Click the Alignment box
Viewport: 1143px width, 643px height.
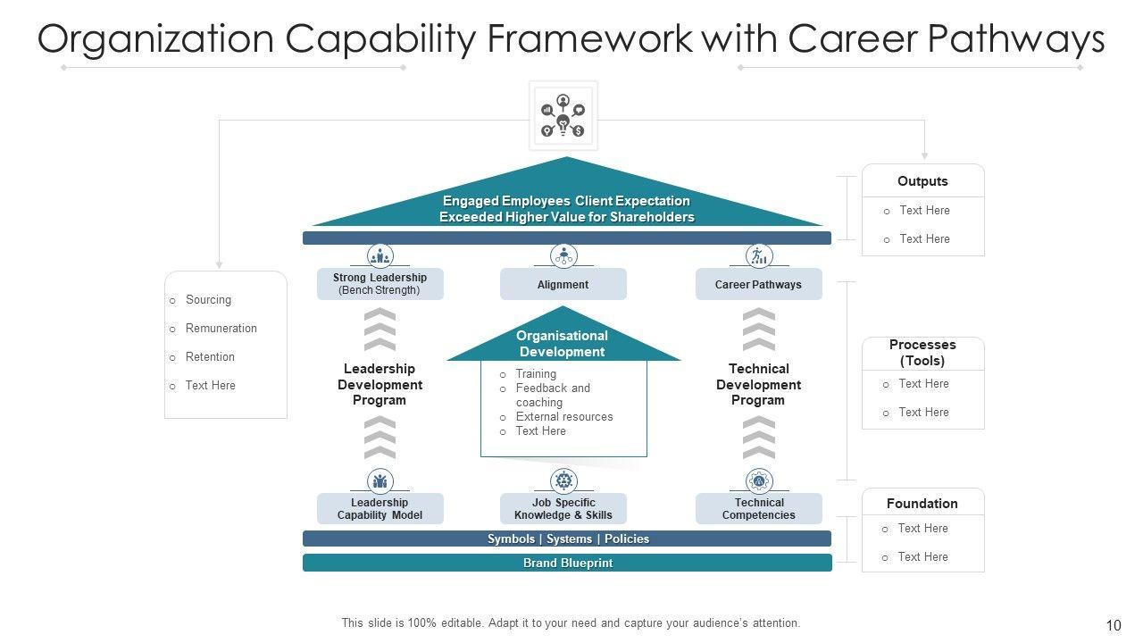(563, 285)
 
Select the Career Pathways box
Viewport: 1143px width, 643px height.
(758, 285)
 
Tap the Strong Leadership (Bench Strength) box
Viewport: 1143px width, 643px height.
(380, 284)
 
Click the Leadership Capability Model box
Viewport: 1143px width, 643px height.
(380, 509)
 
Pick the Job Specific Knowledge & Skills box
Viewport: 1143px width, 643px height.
(563, 509)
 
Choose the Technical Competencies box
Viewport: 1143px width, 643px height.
(758, 509)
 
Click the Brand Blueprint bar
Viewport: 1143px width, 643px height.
(567, 563)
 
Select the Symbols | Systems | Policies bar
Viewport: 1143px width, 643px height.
(567, 539)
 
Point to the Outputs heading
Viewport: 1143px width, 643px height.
(922, 181)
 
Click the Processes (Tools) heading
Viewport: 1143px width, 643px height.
(922, 353)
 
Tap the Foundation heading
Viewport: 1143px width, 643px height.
(922, 504)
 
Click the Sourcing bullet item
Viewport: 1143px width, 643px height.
(208, 300)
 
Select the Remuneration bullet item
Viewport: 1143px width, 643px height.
(221, 329)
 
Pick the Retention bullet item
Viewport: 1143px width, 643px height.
(210, 357)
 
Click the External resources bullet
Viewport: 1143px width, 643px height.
(563, 417)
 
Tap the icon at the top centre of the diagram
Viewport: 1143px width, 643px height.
(563, 116)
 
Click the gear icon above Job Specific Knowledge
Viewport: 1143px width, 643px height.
(563, 481)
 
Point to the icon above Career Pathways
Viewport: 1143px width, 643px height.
(758, 256)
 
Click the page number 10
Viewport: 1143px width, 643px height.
(1113, 625)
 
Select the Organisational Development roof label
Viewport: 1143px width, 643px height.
(563, 344)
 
